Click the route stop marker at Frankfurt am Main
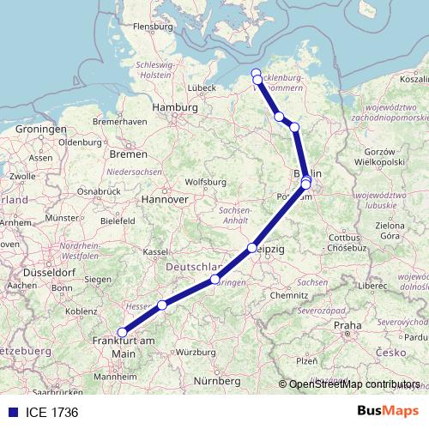coord(122,332)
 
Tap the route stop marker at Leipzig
coord(252,248)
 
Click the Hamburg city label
coord(174,108)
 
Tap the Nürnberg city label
coord(215,380)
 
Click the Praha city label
coord(347,325)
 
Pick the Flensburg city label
coord(154,27)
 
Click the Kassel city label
coord(154,252)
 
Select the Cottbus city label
coord(343,237)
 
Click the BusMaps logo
coord(388,412)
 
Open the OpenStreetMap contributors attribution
coord(354,385)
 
